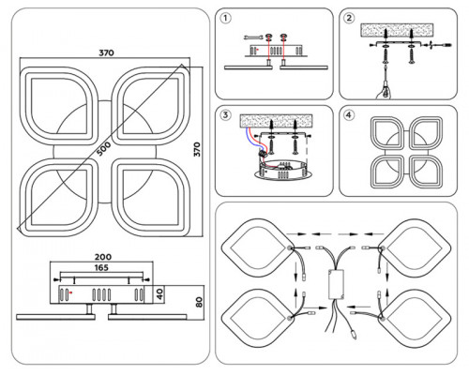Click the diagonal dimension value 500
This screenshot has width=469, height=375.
[x=103, y=149]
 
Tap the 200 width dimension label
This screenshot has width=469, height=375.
[x=103, y=257]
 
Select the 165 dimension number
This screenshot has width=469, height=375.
[x=101, y=267]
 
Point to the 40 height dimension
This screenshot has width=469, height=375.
[x=159, y=294]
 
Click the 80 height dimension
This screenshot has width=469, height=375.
[x=199, y=302]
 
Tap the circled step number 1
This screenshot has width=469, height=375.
[x=226, y=19]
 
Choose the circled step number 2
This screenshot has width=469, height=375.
[x=349, y=18]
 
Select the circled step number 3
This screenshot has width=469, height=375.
[x=225, y=115]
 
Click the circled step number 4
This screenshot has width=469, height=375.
[x=349, y=115]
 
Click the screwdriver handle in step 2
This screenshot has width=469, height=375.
[x=386, y=90]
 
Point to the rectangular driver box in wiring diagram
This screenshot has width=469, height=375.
[x=336, y=284]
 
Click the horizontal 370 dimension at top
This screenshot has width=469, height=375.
[x=107, y=52]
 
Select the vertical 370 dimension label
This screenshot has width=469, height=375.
[x=197, y=149]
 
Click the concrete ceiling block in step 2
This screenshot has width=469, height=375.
[x=397, y=31]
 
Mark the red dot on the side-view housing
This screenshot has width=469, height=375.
[x=71, y=292]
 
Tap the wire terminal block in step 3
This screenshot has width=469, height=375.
[x=264, y=153]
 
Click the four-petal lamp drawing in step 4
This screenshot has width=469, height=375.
[x=406, y=153]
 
